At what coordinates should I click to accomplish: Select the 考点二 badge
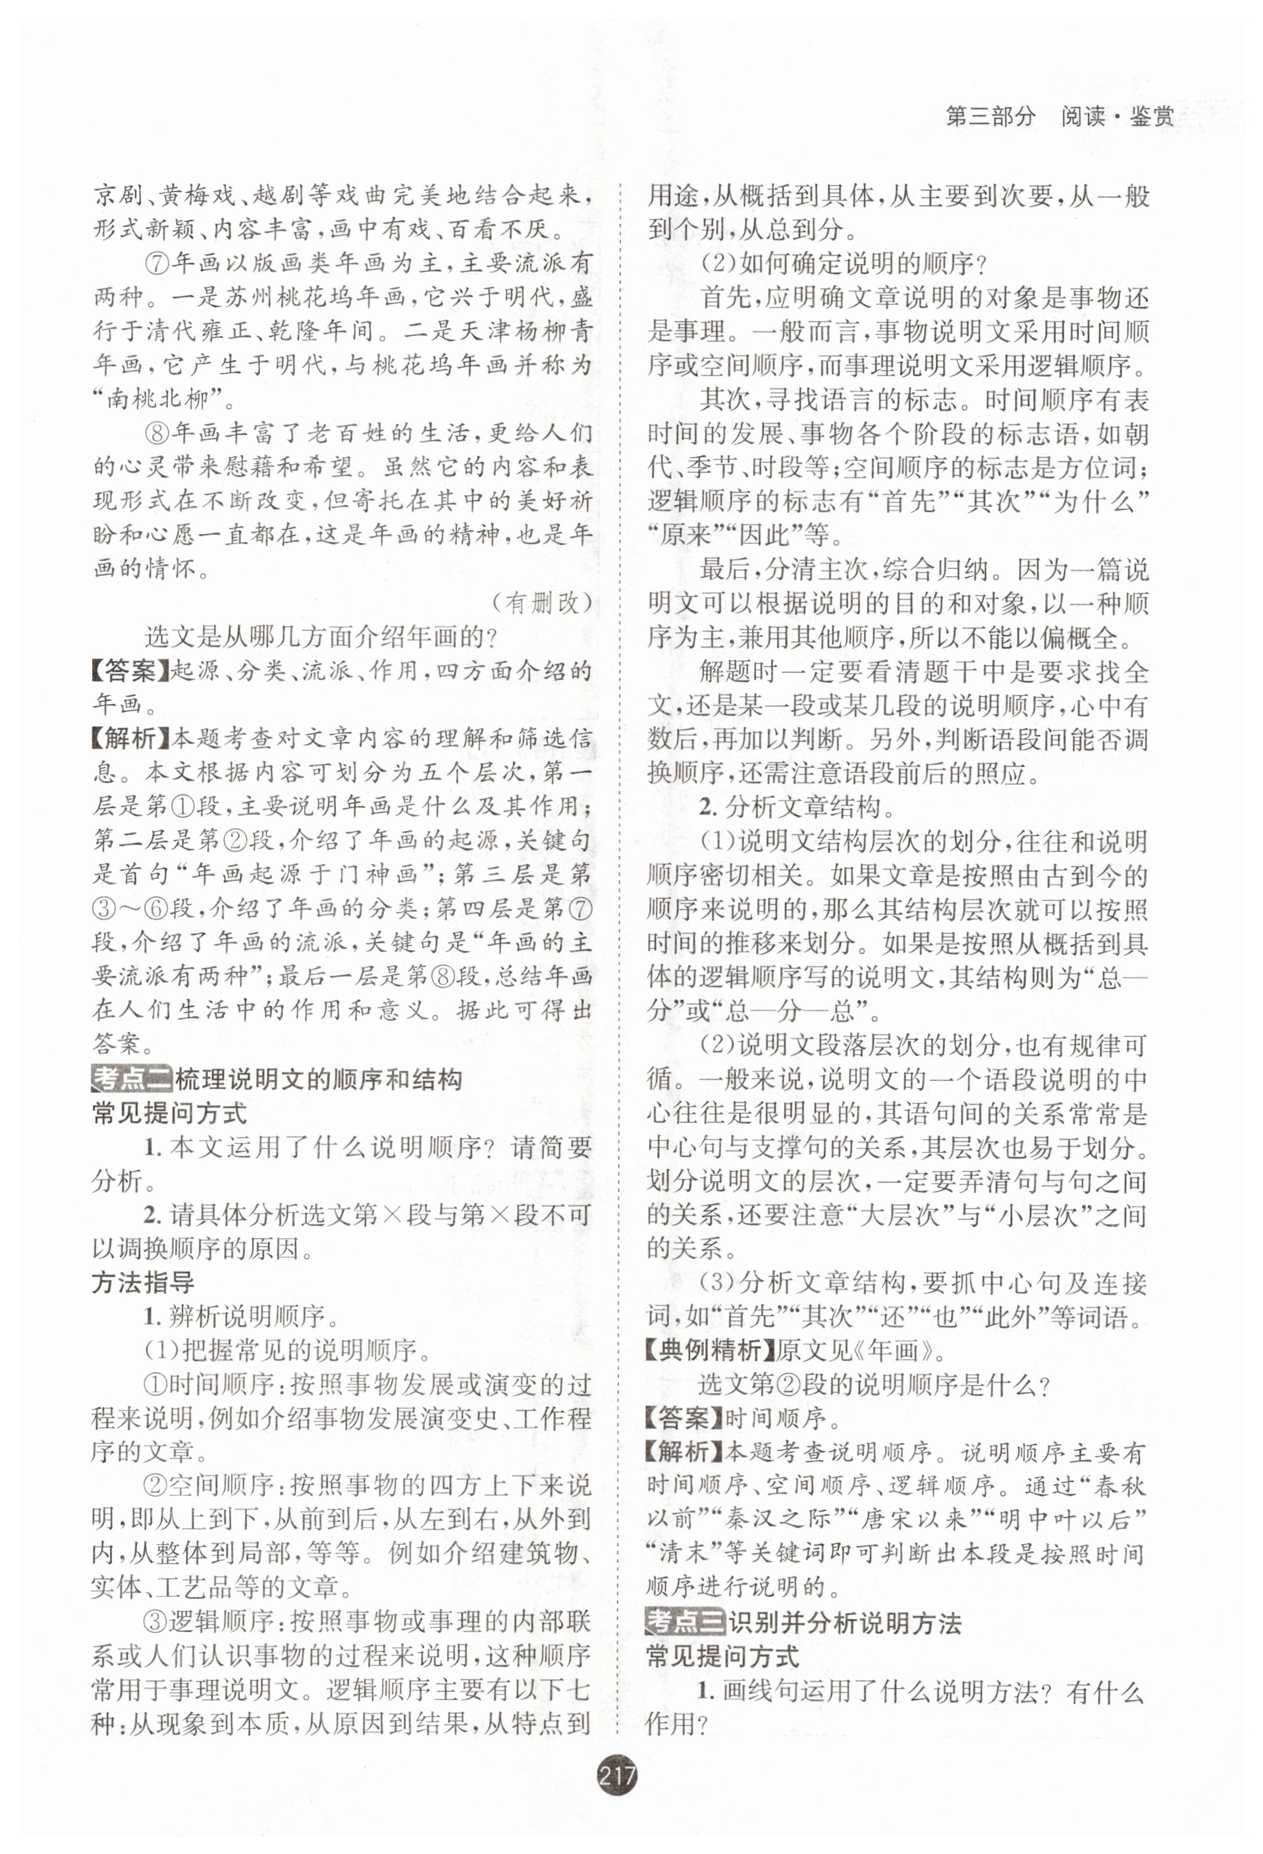coord(132,1079)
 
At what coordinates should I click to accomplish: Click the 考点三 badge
coord(685,1622)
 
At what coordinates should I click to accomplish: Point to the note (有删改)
coord(541,603)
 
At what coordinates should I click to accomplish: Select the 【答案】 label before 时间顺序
coord(684,1417)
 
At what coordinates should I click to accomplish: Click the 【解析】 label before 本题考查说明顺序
coord(684,1452)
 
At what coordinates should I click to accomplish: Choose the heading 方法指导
coord(143,1283)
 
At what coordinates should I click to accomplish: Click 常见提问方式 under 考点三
coord(722,1656)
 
